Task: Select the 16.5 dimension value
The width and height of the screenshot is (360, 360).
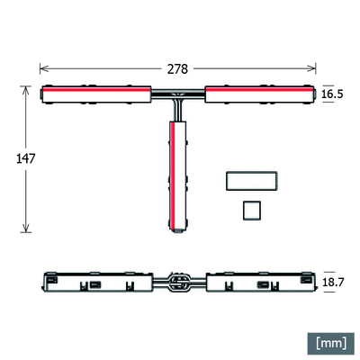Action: [x=332, y=94]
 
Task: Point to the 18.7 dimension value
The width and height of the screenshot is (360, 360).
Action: [x=333, y=283]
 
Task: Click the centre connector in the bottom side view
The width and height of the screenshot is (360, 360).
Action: [x=179, y=283]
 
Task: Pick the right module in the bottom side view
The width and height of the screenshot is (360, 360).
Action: [x=262, y=283]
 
